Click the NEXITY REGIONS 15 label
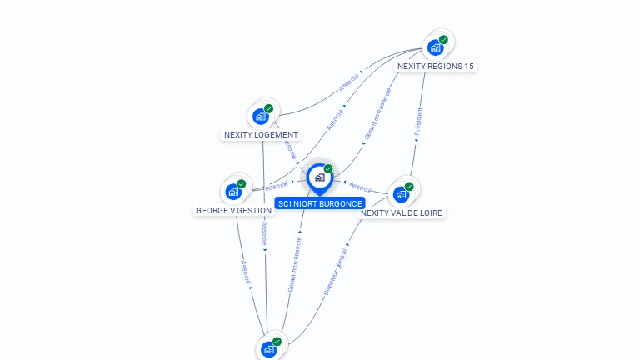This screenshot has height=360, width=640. coord(436,66)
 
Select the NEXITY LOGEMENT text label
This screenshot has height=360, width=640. coord(261,134)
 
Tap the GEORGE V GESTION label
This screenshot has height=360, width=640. coord(233,210)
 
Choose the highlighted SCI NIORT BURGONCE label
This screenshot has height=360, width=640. coord(320,203)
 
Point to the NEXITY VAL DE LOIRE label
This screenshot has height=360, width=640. coord(402,212)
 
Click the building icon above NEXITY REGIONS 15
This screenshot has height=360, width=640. coord(435,47)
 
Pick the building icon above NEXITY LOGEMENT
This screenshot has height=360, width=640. coord(260,117)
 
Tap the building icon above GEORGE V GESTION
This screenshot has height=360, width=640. coord(233,192)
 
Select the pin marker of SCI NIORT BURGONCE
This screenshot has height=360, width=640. coord(319,177)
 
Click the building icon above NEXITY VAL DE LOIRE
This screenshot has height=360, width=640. coord(401,195)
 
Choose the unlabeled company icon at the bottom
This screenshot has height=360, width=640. coord(268,349)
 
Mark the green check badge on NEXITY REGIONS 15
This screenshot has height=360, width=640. coord(443,39)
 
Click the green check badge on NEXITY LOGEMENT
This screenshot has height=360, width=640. coord(268,108)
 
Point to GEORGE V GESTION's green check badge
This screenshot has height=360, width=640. coord(242,183)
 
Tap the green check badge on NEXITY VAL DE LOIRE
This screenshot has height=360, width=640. coord(409,187)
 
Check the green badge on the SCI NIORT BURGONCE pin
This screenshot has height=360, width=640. coord(328,168)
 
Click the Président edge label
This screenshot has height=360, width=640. coord(419,121)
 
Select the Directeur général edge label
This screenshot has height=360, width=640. coord(335,271)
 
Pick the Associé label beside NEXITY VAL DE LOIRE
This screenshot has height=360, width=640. coord(360,186)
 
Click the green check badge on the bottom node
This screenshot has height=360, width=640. coord(277,341)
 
